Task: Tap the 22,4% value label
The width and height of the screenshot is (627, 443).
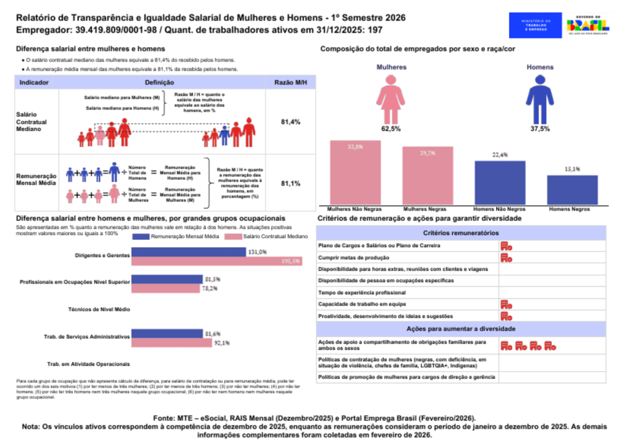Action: coord(500,155)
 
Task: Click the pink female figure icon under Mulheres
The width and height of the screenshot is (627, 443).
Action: coord(391,99)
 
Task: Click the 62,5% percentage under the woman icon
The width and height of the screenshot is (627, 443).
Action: coord(391,129)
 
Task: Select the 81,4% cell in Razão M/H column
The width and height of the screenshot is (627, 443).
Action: coord(290,122)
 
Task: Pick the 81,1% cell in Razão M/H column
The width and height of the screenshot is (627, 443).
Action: coord(290,184)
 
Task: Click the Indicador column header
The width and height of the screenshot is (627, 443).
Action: coord(34,82)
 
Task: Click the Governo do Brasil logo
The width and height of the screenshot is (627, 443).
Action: coord(588,26)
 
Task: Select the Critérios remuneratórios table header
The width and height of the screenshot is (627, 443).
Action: coord(461,233)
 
